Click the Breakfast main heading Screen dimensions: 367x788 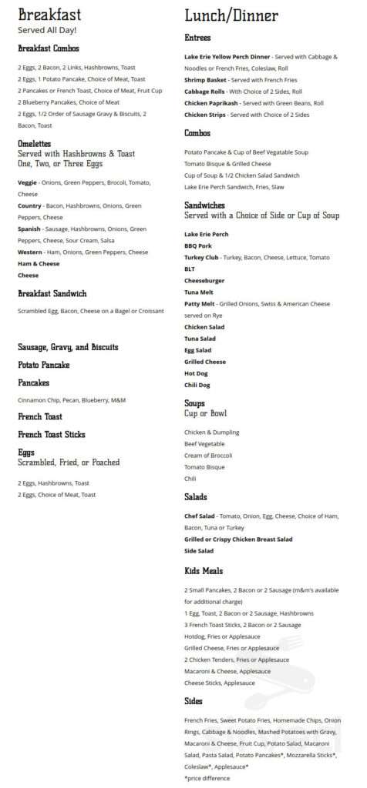[x=49, y=15]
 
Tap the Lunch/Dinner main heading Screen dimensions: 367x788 [x=231, y=15]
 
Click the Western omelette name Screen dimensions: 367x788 [x=30, y=252]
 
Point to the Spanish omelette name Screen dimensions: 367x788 [x=30, y=229]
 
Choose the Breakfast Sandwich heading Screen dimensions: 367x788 [x=52, y=293]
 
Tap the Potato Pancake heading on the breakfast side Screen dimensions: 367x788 [x=43, y=364]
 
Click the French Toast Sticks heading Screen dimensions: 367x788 [x=51, y=434]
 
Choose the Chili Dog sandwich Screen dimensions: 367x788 [x=197, y=385]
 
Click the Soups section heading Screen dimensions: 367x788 [x=194, y=402]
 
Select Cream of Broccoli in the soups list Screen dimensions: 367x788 [x=208, y=456]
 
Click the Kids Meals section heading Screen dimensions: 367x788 [x=204, y=570]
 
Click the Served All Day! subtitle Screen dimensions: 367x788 [x=47, y=30]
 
